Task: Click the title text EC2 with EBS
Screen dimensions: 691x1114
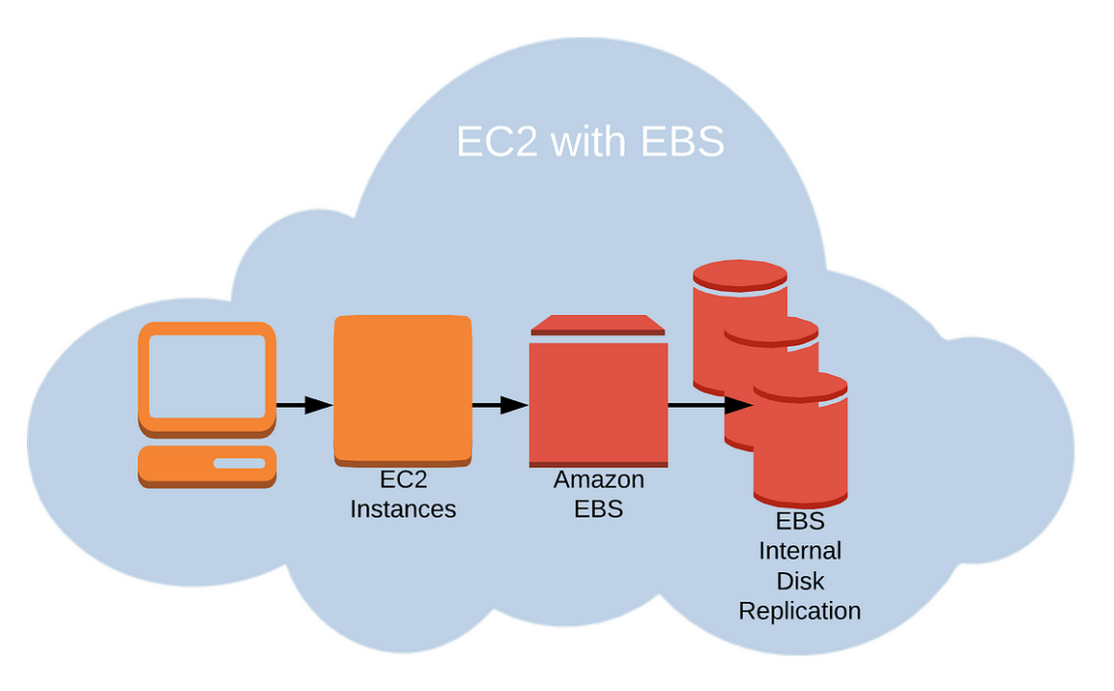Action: click(x=589, y=142)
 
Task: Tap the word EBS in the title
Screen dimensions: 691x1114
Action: click(x=680, y=142)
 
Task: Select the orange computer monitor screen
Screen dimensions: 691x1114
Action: click(x=206, y=375)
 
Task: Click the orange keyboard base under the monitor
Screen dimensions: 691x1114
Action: click(x=206, y=465)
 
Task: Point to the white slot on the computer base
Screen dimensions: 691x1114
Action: click(x=238, y=464)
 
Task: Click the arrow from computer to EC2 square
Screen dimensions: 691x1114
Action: click(x=304, y=405)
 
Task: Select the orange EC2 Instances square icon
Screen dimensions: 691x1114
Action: click(x=402, y=390)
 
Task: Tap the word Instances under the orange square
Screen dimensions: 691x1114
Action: click(x=403, y=509)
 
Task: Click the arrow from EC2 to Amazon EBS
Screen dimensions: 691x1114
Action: click(x=500, y=405)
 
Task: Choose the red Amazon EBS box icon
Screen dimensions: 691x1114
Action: click(x=598, y=404)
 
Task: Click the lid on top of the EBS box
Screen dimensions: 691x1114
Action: click(x=598, y=325)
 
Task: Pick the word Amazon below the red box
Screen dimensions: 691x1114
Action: click(x=599, y=479)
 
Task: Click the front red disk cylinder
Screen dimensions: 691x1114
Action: click(x=800, y=451)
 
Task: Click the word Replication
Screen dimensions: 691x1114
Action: click(x=799, y=610)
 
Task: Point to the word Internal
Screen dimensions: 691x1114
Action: click(x=799, y=551)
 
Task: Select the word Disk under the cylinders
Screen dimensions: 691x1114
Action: click(x=799, y=581)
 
